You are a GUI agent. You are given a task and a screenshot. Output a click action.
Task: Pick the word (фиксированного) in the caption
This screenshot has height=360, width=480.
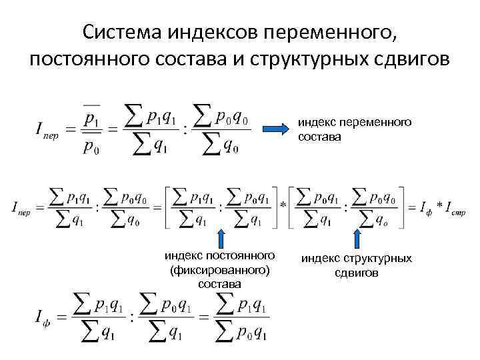click(x=220, y=270)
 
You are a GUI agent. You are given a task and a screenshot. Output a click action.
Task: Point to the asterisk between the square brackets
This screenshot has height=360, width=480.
click(x=284, y=204)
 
